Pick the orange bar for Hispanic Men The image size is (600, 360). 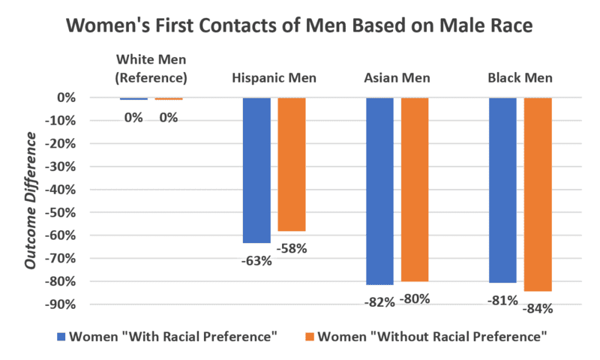tap(292, 164)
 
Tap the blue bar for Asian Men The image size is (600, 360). tap(379, 191)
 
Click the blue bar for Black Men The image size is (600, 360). tap(502, 190)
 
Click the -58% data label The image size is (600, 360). tap(291, 248)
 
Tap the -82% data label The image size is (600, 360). tap(379, 301)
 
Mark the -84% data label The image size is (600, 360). tap(538, 307)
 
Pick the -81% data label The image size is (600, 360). tap(502, 301)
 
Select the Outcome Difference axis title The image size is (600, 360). tap(31, 200)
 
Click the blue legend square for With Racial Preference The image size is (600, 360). tap(61, 337)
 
